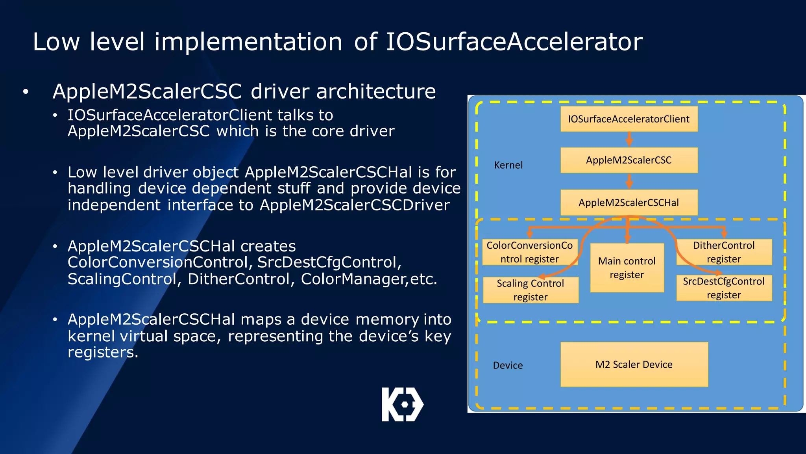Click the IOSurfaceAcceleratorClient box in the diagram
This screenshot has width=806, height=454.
[x=629, y=119]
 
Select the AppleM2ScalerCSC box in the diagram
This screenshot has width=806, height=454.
[x=629, y=160]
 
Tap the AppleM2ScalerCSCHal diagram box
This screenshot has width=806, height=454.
[x=629, y=203]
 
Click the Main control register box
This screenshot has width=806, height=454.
[x=627, y=268]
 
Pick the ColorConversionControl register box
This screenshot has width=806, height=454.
[x=529, y=252]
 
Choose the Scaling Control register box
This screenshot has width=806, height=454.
[x=531, y=290]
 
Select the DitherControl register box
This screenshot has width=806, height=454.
[x=724, y=252]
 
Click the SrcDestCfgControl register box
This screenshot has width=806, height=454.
[x=724, y=288]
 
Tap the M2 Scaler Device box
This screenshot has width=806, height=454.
[x=634, y=365]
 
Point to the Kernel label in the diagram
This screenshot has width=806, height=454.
[x=508, y=165]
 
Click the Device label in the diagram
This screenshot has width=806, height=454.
[x=508, y=365]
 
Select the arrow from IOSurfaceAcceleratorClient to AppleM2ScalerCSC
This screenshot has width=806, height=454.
[x=629, y=140]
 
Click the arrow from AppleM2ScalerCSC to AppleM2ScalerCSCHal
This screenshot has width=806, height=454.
[x=629, y=181]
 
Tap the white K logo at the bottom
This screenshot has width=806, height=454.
[x=402, y=404]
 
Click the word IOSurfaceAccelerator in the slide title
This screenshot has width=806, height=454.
[x=514, y=42]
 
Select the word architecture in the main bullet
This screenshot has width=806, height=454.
[x=376, y=91]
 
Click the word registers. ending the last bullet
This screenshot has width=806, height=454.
[x=103, y=352]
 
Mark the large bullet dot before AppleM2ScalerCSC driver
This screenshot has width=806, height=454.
[x=26, y=92]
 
